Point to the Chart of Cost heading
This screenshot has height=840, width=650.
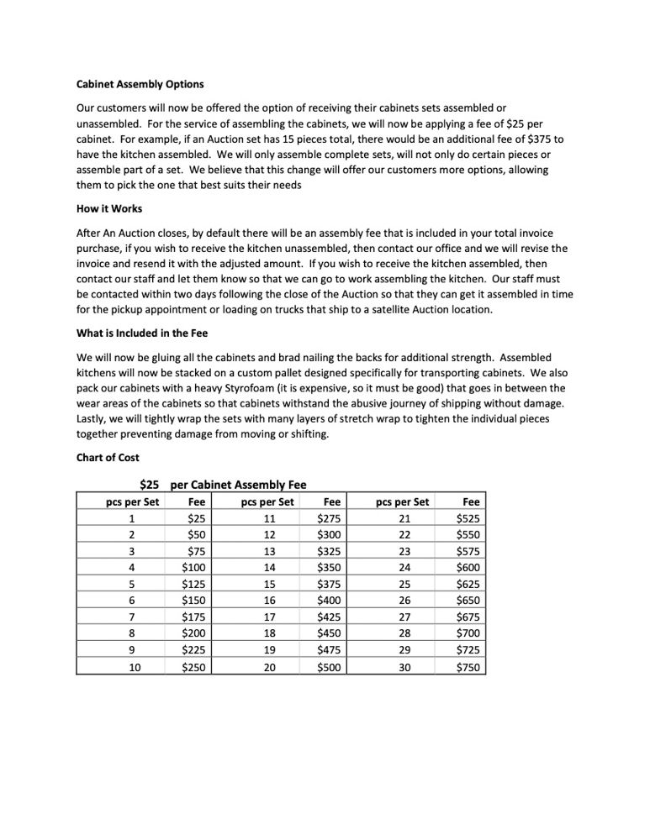pyautogui.click(x=109, y=458)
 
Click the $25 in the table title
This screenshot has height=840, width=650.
pyautogui.click(x=150, y=484)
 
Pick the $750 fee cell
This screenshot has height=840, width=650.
pyautogui.click(x=467, y=668)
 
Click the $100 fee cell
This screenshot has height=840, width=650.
pyautogui.click(x=195, y=568)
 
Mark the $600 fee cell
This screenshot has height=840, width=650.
pyautogui.click(x=467, y=568)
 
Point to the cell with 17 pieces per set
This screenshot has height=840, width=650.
pyautogui.click(x=269, y=617)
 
